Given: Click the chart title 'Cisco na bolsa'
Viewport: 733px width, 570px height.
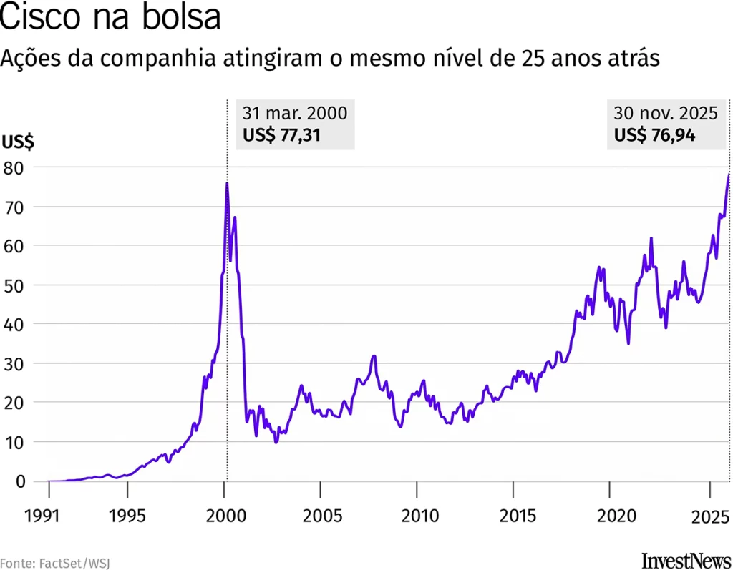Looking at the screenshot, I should (x=110, y=17).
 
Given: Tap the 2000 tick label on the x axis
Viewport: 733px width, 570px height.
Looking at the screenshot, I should (x=224, y=516).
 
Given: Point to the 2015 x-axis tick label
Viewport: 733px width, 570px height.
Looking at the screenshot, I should (x=513, y=516).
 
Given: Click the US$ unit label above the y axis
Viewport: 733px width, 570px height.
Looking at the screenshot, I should (x=18, y=142).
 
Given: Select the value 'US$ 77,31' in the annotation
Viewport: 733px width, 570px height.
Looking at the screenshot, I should (x=281, y=135).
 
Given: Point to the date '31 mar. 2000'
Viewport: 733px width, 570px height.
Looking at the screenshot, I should (x=294, y=114).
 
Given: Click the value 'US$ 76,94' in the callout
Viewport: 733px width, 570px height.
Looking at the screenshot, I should (x=654, y=135).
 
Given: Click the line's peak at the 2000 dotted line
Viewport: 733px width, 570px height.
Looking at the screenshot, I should (x=227, y=183).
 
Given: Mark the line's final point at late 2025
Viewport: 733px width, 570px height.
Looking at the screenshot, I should (x=729, y=175).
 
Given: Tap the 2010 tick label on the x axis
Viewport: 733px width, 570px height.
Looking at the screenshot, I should (x=417, y=516).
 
